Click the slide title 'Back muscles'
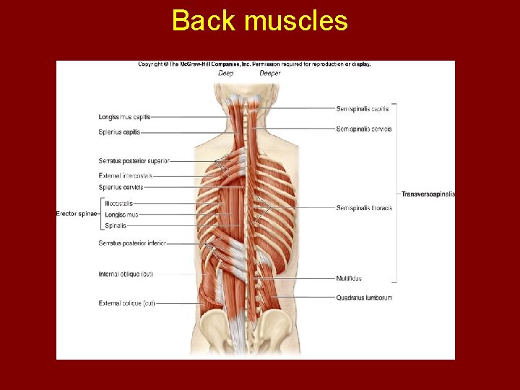pyautogui.click(x=260, y=21)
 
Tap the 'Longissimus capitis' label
pyautogui.click(x=125, y=116)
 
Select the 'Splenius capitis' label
pyautogui.click(x=120, y=132)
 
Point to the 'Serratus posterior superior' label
pyautogui.click(x=134, y=160)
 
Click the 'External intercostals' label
pyautogui.click(x=126, y=175)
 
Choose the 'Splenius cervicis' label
pyautogui.click(x=121, y=187)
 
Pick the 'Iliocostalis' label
pyautogui.click(x=118, y=204)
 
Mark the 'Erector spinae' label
pyautogui.click(x=77, y=214)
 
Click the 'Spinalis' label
pyautogui.click(x=116, y=225)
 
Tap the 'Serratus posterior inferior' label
pyautogui.click(x=132, y=243)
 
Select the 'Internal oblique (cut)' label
pyautogui.click(x=126, y=274)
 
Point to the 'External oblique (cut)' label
pyautogui.click(x=126, y=303)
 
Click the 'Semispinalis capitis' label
pyautogui.click(x=363, y=109)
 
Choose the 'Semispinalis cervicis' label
pyautogui.click(x=364, y=129)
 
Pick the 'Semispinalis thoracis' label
pyautogui.click(x=364, y=208)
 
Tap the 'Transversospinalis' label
pyautogui.click(x=428, y=194)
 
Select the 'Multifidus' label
pyautogui.click(x=349, y=278)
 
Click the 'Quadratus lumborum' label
pyautogui.click(x=364, y=298)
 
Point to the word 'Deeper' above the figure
pyautogui.click(x=270, y=73)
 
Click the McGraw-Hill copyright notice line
pyautogui.click(x=254, y=64)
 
